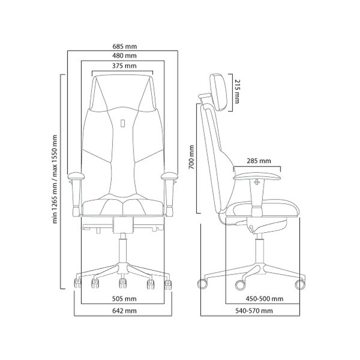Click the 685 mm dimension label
124,46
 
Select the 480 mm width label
124,56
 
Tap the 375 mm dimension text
124,66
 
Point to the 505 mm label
124,299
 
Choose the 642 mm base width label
124,311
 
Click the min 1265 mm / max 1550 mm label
55,179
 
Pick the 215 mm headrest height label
237,91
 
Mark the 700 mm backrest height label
191,157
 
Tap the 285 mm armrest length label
259,161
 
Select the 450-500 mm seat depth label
265,299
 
